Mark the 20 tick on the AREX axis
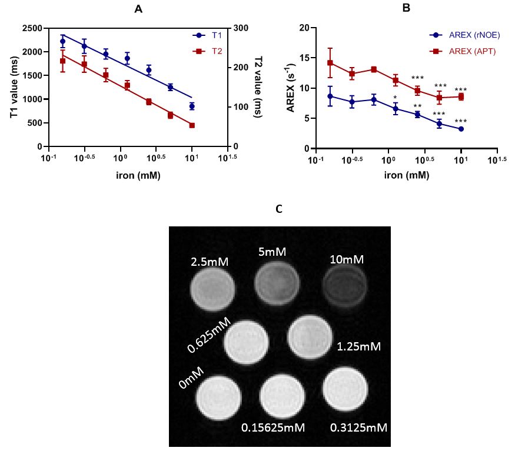304,28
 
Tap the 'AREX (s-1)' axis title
290,88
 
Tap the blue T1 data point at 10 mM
192,106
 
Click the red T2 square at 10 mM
192,125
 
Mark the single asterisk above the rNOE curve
396,98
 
